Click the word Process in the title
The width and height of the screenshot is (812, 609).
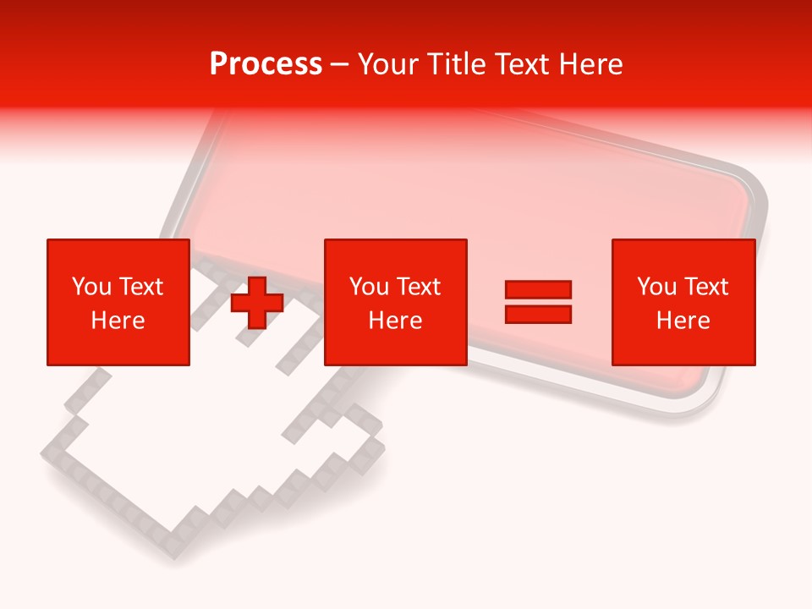pos(266,64)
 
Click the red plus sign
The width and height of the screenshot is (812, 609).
pos(257,303)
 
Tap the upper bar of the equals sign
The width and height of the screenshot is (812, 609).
pos(538,290)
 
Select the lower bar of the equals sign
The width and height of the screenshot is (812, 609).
pos(538,314)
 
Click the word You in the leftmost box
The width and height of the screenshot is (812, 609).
pos(91,287)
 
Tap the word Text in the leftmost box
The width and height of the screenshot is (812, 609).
pos(140,287)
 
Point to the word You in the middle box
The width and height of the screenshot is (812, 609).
pos(368,287)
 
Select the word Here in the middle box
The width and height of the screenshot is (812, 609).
pos(396,321)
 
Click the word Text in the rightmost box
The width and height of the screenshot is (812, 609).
pos(705,287)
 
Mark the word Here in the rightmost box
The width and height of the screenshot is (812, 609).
pos(683,321)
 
